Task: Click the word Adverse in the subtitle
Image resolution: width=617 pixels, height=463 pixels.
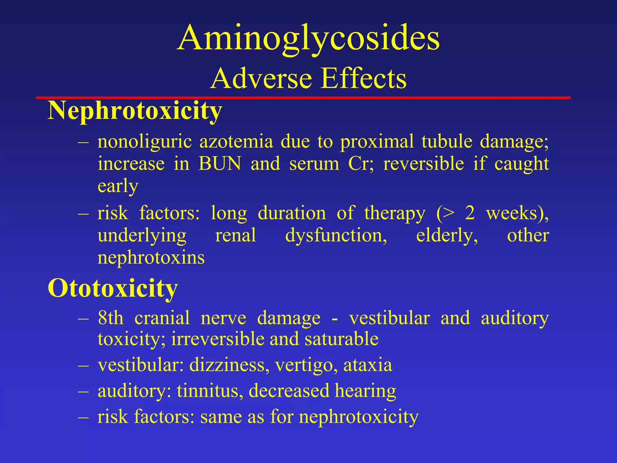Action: [x=261, y=79]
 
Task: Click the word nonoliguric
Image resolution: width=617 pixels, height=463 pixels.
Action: [x=145, y=142]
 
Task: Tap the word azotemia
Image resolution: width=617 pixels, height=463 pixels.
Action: [x=236, y=142]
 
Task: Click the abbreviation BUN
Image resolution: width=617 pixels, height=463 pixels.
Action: [x=220, y=164]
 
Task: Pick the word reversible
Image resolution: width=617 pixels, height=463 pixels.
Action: [x=423, y=164]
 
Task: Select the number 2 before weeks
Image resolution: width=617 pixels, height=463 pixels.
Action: [x=470, y=213]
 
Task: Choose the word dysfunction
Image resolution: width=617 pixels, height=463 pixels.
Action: [x=336, y=235]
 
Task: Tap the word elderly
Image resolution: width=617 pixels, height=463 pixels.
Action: [x=447, y=235]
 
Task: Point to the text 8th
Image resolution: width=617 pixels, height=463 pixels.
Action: [x=111, y=318]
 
